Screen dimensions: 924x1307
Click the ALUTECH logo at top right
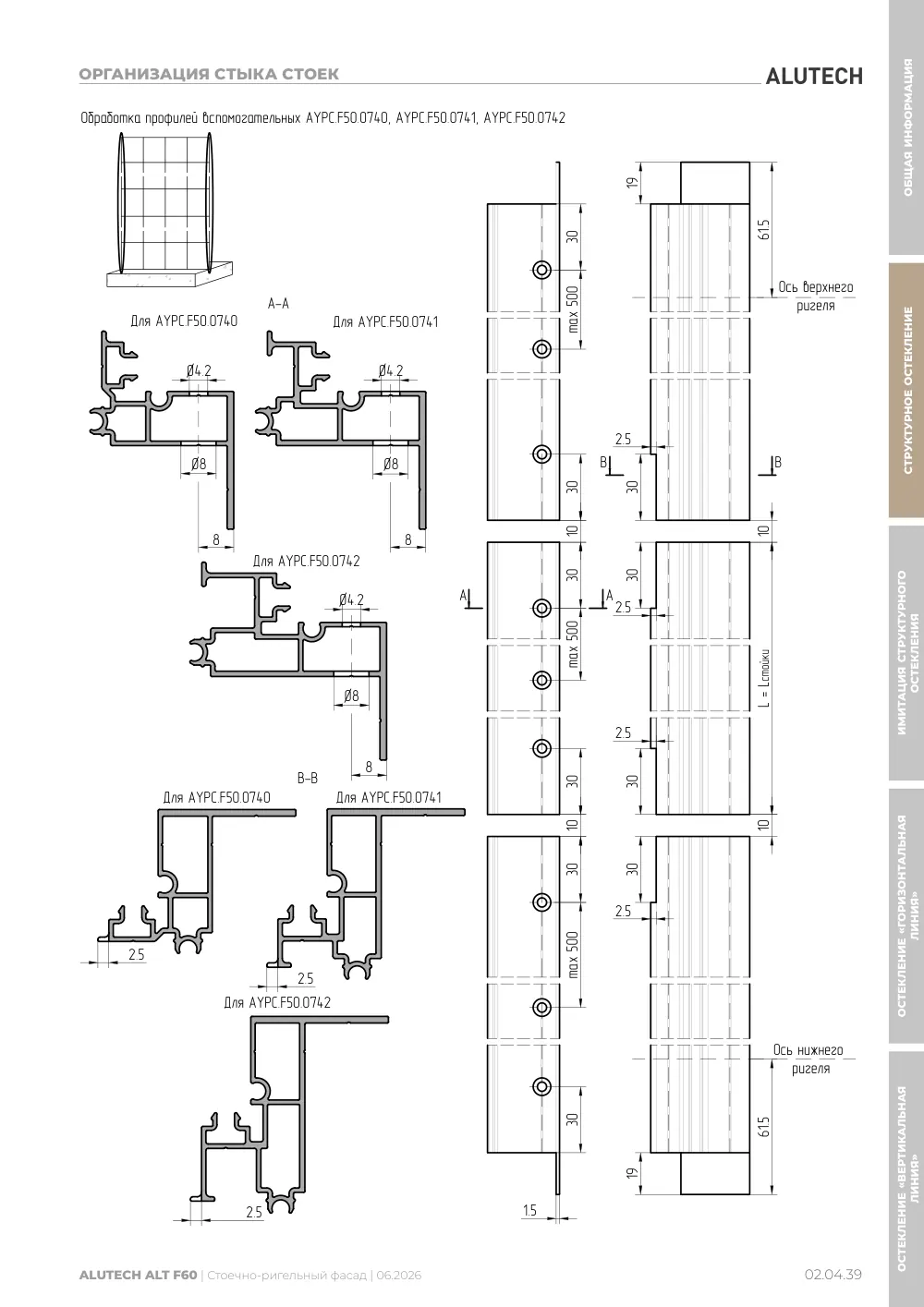tap(814, 77)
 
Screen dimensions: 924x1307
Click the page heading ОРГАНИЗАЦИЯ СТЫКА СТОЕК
tap(209, 74)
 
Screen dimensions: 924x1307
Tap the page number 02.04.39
tap(833, 1275)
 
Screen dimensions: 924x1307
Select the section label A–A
tap(278, 303)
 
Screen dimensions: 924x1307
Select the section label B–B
tap(308, 778)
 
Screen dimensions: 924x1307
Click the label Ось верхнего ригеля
tap(816, 296)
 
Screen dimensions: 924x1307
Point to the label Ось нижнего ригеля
tap(808, 1059)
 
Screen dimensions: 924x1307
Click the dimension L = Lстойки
tap(765, 678)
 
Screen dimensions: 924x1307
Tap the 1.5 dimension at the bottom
tap(529, 1211)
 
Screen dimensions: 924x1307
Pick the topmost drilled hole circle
tap(541, 270)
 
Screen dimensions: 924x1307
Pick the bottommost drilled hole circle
tap(541, 1086)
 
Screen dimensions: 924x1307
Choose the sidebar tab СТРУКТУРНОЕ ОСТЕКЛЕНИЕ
tap(907, 391)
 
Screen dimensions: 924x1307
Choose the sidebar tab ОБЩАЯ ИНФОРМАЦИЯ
tap(907, 127)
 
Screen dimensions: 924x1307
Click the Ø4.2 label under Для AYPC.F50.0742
tap(351, 599)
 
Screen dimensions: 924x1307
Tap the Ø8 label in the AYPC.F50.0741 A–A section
tap(391, 464)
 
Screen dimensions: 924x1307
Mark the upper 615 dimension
tap(765, 229)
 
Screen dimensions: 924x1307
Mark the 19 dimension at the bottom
tap(633, 1173)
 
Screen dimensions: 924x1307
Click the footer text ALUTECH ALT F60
tap(138, 1275)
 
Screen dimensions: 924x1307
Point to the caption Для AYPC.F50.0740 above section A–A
tap(184, 321)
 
